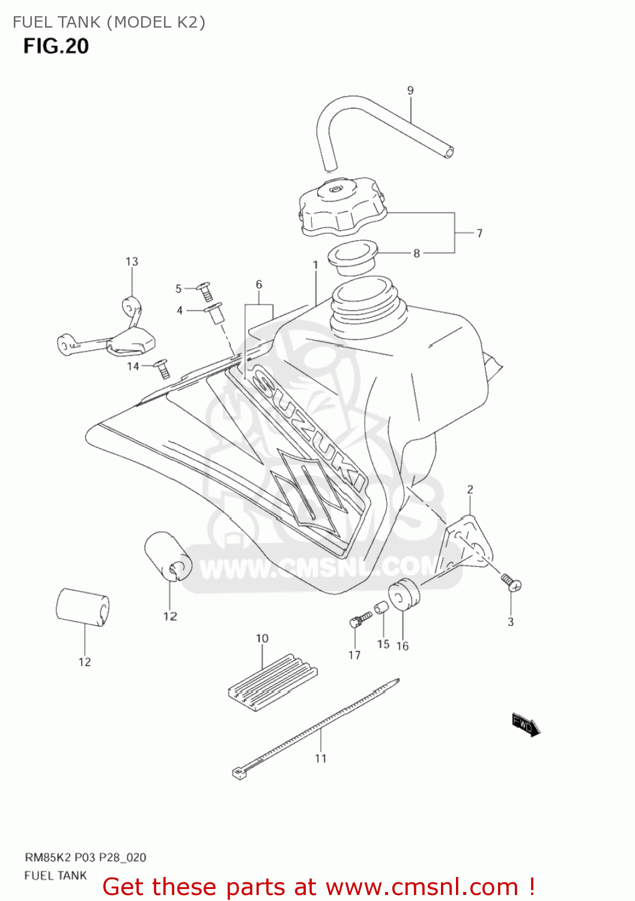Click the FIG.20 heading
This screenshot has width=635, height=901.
(56, 46)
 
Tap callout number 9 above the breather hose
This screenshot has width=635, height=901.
(410, 91)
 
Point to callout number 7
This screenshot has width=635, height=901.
(479, 233)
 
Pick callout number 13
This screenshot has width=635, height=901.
(132, 262)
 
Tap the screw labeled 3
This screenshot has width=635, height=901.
(511, 581)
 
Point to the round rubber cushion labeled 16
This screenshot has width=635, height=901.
(404, 593)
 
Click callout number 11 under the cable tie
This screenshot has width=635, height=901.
(321, 759)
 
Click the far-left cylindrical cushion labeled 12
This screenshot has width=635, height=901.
(83, 607)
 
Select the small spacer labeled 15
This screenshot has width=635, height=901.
(381, 609)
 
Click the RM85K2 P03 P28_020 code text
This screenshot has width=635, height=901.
(85, 857)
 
